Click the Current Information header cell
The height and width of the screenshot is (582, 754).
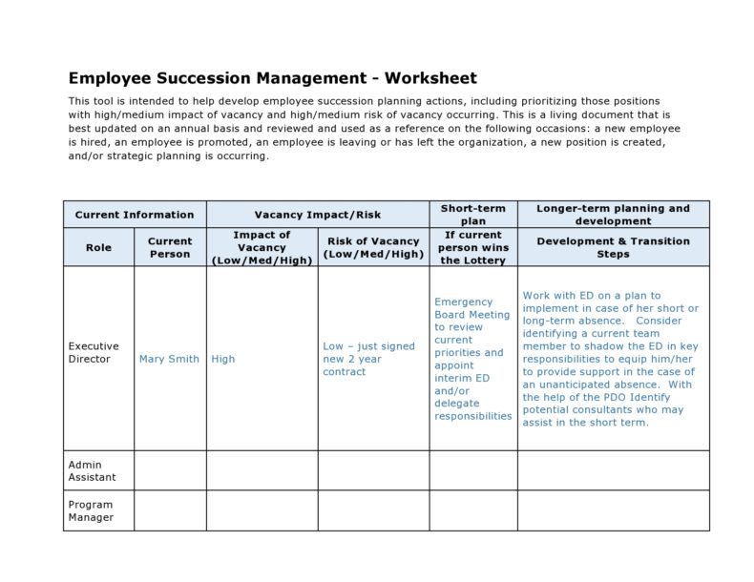[x=135, y=215]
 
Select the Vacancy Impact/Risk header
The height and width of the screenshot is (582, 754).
[x=317, y=215]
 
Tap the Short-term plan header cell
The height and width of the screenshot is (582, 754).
[x=472, y=215]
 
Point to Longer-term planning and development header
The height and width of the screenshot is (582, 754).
[x=613, y=215]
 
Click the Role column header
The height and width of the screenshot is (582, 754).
[x=98, y=247]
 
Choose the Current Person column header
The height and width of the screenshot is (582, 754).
[x=170, y=247]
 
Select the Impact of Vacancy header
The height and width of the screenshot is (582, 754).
[x=262, y=247]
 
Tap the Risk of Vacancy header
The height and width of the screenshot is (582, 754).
[x=373, y=247]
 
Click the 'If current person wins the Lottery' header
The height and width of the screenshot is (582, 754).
[x=472, y=247]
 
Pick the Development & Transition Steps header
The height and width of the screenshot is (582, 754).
[x=613, y=247]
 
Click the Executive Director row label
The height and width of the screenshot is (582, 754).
[x=94, y=353]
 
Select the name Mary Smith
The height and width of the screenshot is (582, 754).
[x=169, y=359]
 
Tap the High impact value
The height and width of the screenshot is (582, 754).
[x=223, y=359]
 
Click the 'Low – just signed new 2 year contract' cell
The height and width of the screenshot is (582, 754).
[x=369, y=359]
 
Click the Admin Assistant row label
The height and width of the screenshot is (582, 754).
[x=92, y=470]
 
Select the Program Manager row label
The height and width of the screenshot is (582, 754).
[x=91, y=510]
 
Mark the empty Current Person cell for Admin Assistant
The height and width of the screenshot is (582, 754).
[x=170, y=470]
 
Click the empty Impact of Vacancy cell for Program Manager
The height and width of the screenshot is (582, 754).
[x=262, y=510]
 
